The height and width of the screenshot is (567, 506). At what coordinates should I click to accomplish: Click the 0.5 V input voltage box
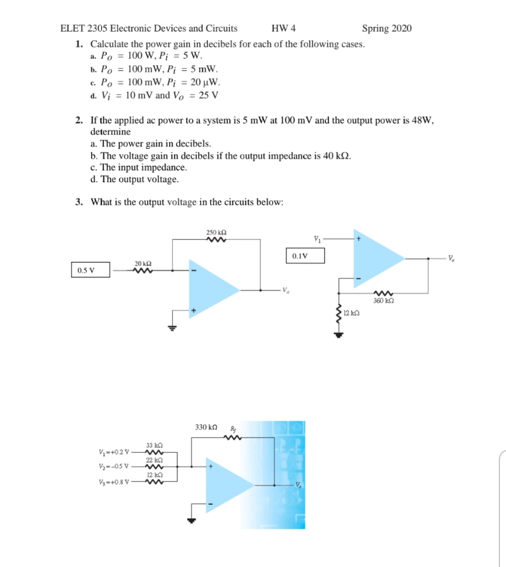91,271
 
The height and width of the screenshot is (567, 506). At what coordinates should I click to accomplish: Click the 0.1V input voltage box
305,256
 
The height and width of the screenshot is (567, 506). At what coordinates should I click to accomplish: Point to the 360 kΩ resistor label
382,300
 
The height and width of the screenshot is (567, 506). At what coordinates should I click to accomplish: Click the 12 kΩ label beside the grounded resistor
352,313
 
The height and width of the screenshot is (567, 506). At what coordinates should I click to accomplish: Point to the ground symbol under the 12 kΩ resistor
336,334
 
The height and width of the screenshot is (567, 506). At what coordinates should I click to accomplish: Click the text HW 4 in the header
284,28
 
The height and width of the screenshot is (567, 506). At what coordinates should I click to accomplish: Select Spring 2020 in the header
387,28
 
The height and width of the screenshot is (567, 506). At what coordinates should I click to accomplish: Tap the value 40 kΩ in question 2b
335,155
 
